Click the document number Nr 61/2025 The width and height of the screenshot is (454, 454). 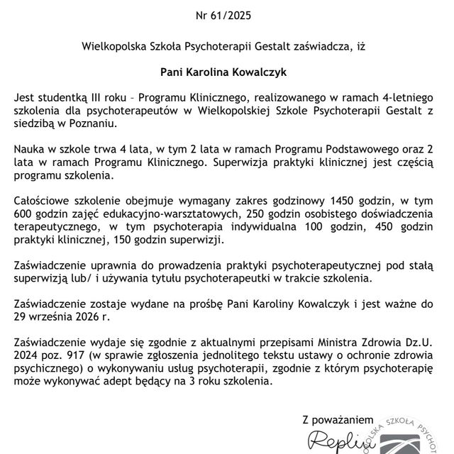tap(227, 14)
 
